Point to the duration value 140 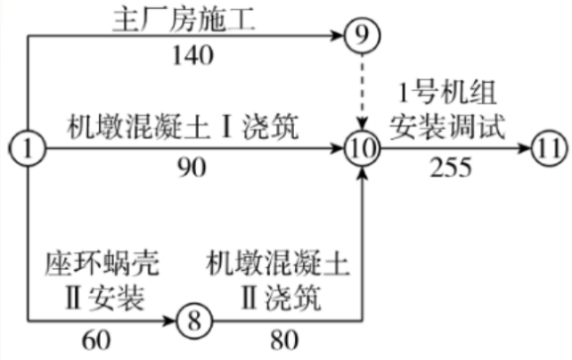tap(192, 56)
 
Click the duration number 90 tap(192, 168)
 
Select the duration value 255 tap(451, 168)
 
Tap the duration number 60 tap(96, 340)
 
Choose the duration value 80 tap(284, 340)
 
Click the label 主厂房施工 tap(184, 20)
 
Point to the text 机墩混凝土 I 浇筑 tap(183, 127)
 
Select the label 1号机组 tap(447, 93)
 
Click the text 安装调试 tap(447, 127)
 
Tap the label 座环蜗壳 tap(102, 264)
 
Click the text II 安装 tap(105, 298)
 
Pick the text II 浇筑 tap(282, 298)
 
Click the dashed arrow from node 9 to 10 tap(363, 92)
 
